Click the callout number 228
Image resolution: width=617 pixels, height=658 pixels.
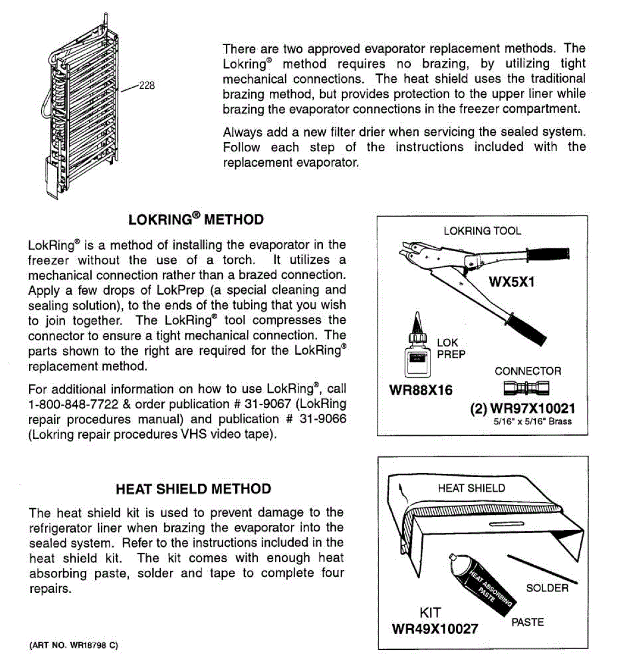coord(146,86)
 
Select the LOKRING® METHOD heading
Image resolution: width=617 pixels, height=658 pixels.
coord(196,220)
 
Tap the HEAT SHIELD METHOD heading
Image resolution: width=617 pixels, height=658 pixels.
coord(194,489)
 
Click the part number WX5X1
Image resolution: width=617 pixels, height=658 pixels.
coord(511,282)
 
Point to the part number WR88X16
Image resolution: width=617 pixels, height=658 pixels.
coord(421,390)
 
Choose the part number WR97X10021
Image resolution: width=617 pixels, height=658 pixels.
coord(522,409)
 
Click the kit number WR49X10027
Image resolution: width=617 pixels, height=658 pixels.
coord(434,628)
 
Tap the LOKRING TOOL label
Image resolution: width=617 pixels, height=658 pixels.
coord(482,231)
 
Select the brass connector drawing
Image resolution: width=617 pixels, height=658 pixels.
coord(526,389)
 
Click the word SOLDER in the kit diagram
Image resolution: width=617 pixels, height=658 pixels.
coord(547,588)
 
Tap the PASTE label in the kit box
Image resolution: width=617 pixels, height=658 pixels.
coord(527,622)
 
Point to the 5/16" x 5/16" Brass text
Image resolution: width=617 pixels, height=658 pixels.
coord(532,422)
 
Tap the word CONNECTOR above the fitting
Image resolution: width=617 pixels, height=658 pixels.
coord(528,371)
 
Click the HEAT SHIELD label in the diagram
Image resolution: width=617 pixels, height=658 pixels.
coord(471,488)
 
